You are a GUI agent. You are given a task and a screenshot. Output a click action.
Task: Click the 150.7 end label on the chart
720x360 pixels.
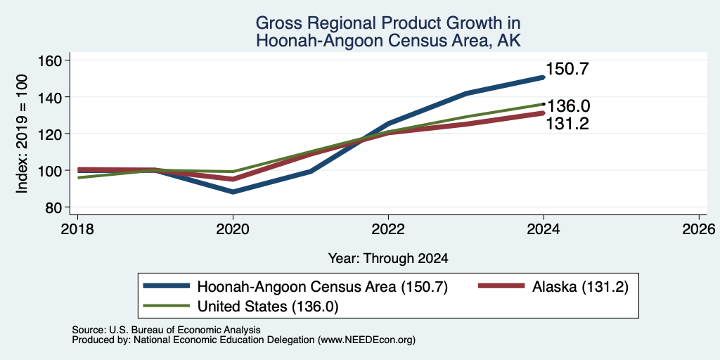click(x=567, y=70)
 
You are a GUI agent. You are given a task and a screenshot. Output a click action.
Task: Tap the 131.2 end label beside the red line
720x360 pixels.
click(x=567, y=124)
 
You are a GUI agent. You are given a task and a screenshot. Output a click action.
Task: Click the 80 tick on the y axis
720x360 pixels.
click(x=54, y=207)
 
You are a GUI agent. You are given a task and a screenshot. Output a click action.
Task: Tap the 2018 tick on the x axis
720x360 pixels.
click(x=77, y=229)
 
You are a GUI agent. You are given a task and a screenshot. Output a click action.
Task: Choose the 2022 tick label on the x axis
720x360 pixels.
click(x=388, y=229)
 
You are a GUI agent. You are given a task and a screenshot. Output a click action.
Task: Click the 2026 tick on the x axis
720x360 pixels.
click(x=699, y=229)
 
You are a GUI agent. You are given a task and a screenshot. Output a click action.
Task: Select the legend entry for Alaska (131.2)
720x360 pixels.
click(x=553, y=287)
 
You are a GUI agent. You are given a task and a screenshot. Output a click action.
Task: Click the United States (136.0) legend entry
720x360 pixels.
click(x=241, y=307)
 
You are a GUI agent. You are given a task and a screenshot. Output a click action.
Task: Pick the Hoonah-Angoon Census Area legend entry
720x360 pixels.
click(x=295, y=287)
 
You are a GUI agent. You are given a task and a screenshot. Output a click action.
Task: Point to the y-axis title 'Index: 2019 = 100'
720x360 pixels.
click(x=22, y=134)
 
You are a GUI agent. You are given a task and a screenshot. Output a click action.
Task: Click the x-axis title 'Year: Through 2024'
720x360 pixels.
click(x=388, y=259)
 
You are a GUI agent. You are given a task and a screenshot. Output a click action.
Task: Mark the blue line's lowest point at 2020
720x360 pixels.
click(x=233, y=192)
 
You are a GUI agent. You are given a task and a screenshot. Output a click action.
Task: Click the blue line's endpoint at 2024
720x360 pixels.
click(x=544, y=77)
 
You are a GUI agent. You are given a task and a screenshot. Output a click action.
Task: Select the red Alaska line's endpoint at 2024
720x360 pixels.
click(x=544, y=113)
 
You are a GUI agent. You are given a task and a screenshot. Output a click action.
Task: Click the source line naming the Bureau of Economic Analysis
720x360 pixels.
click(x=166, y=330)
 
